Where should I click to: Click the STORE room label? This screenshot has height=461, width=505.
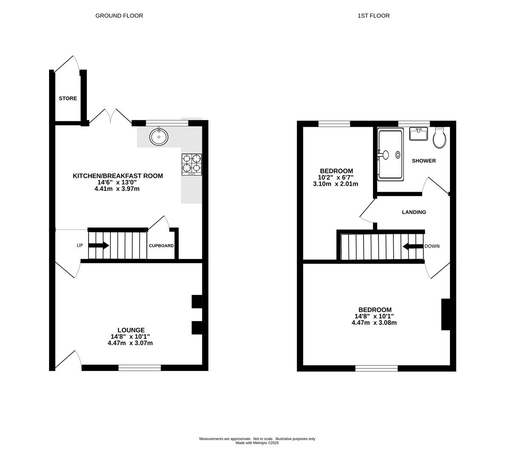[x=68, y=99]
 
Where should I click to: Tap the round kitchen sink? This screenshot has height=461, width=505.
[x=159, y=137]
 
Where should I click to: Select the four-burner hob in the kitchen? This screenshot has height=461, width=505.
[x=192, y=164]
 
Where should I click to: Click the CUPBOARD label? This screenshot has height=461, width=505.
[x=161, y=246]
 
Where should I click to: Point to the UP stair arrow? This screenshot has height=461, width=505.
[x=98, y=245]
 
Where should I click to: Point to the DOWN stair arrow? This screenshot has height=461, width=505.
[x=413, y=247]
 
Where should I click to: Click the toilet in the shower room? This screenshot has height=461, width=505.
[x=439, y=137]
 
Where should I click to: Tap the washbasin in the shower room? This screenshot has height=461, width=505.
[x=418, y=134]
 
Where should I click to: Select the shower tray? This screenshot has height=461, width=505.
[x=390, y=154]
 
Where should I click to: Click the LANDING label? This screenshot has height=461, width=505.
[x=414, y=212]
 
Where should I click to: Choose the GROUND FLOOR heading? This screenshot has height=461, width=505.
[x=119, y=15]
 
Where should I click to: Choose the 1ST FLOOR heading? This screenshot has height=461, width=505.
[x=374, y=15]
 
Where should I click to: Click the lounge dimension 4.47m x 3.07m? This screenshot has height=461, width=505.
[x=130, y=343]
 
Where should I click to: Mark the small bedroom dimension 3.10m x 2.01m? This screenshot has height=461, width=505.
[x=335, y=184]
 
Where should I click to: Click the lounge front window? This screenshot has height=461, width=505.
[x=139, y=368]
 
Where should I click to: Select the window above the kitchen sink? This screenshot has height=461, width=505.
[x=167, y=123]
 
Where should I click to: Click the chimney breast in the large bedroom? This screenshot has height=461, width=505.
[x=445, y=315]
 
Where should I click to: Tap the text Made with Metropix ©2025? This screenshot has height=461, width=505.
[x=257, y=443]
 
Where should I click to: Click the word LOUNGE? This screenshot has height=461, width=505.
[x=131, y=330]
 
